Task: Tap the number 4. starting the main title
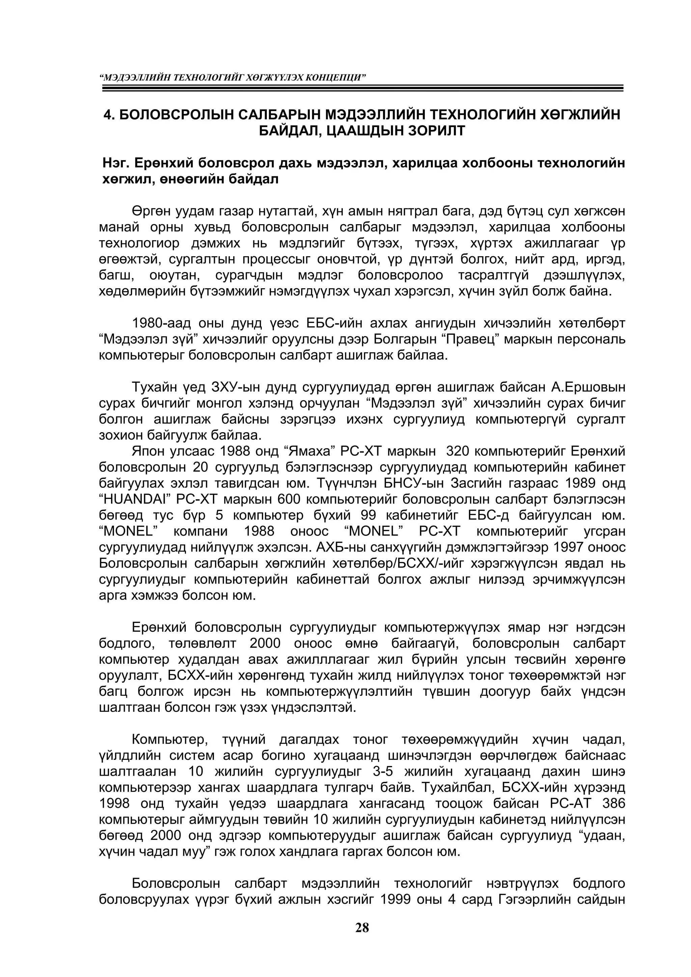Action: pyautogui.click(x=109, y=115)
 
